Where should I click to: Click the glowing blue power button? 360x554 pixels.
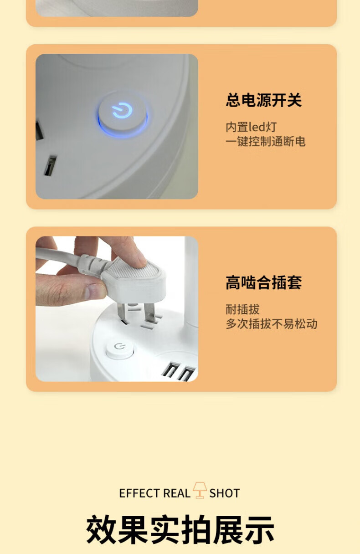tap(122, 113)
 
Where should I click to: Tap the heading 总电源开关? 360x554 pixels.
tap(264, 100)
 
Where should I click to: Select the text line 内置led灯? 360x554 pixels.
tap(251, 127)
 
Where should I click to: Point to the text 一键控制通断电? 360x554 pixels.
tap(266, 142)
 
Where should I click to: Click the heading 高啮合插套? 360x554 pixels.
tap(264, 282)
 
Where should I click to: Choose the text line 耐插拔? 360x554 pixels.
tap(243, 309)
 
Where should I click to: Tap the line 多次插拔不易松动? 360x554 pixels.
tap(272, 324)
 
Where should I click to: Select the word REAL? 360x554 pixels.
tap(177, 493)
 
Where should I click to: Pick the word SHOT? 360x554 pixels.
tap(225, 493)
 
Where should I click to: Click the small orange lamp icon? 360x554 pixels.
tap(200, 490)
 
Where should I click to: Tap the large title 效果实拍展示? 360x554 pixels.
tap(180, 529)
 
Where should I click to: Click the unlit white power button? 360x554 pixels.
tap(120, 350)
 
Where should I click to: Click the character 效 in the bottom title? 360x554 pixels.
tap(101, 529)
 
